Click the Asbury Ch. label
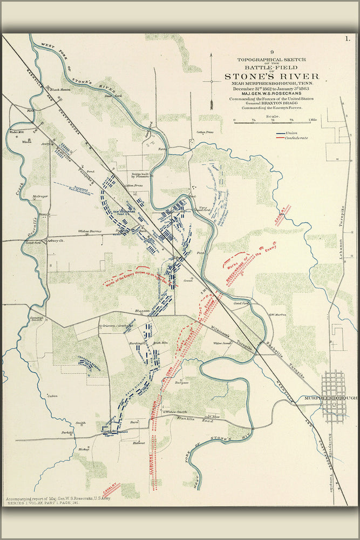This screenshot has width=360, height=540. point(55,240)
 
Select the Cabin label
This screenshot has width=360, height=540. point(52,396)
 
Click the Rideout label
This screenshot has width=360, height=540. point(139,442)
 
